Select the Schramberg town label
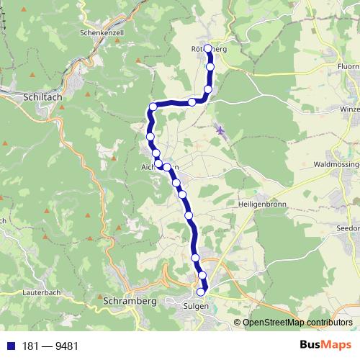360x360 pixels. (130, 300)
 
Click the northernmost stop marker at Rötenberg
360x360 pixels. (208, 49)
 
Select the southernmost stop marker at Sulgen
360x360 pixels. (200, 292)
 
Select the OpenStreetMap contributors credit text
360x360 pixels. (297, 322)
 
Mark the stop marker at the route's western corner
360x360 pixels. (153, 107)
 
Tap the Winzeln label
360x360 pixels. (348, 109)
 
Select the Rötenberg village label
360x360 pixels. (209, 49)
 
